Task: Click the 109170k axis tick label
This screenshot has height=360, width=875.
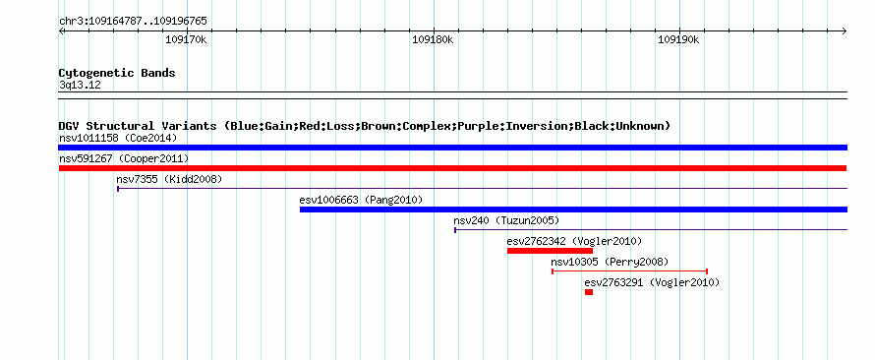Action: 186,40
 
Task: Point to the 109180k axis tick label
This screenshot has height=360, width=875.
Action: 433,40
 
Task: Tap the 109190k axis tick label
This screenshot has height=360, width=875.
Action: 678,40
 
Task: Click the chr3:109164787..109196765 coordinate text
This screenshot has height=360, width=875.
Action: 133,22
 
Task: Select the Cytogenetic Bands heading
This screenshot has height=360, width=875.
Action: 117,73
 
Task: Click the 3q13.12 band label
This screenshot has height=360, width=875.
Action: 80,86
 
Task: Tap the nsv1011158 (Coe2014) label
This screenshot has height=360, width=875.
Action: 118,138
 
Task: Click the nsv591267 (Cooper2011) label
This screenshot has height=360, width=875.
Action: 124,159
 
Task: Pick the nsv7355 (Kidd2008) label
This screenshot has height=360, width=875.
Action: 169,179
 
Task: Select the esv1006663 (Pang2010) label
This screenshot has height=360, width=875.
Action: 361,200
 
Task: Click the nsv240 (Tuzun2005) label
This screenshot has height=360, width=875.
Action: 506,220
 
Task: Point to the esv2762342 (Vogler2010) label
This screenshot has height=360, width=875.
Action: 575,241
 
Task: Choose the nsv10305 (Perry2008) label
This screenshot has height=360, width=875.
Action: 610,262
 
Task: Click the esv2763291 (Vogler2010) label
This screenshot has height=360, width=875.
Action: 652,283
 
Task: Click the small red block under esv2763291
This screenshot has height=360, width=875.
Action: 589,292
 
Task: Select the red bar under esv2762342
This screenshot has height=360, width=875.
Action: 550,251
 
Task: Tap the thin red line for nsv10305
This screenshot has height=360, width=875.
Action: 630,271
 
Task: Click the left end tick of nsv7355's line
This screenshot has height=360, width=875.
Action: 118,189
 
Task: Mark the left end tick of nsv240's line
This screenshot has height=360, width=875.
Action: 455,230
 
